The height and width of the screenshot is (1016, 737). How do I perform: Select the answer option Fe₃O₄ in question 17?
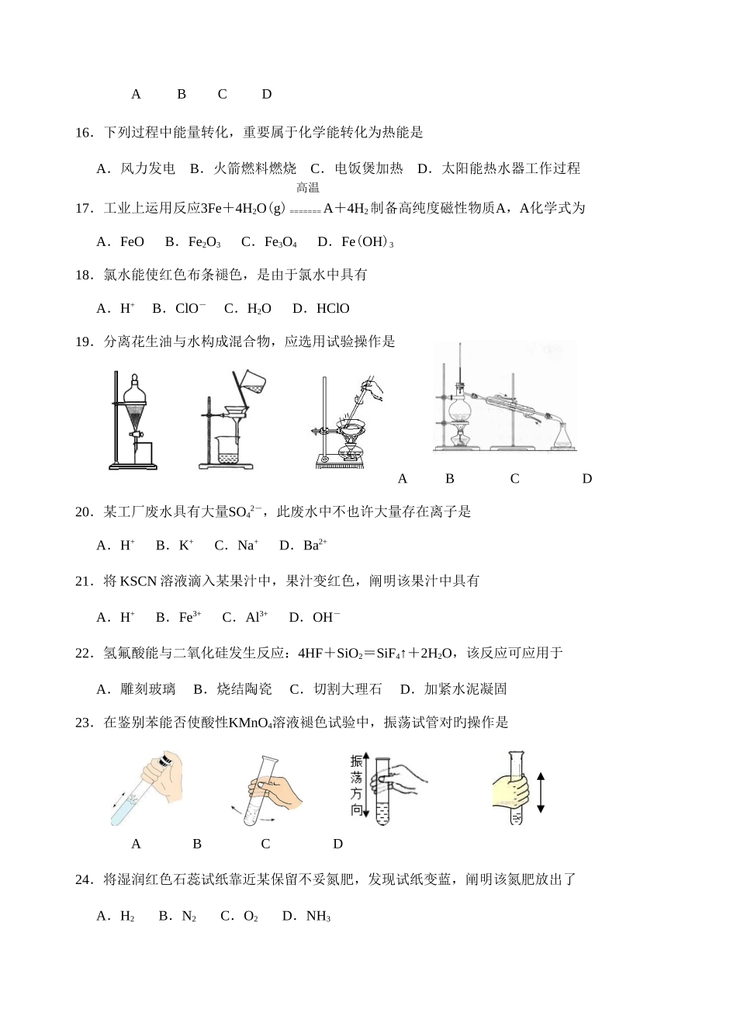coord(280,242)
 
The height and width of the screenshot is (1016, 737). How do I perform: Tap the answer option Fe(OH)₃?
coord(367,242)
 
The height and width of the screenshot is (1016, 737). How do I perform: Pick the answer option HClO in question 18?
coord(333,309)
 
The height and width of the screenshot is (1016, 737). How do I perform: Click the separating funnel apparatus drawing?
coord(135,419)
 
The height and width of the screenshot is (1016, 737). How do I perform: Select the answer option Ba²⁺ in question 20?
coord(315,546)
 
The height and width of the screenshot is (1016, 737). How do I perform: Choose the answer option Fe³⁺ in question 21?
coord(190,618)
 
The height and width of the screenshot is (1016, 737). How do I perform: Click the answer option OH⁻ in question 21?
coord(326,618)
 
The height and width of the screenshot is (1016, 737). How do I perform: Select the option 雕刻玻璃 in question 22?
coord(147,689)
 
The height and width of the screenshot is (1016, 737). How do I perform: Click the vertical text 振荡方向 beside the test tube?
coord(356,786)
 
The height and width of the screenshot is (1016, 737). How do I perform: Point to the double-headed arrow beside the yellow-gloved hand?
coord(541,792)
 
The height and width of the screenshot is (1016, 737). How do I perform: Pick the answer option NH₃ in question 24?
coord(318,917)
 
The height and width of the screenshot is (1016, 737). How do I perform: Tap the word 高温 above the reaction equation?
coord(308,187)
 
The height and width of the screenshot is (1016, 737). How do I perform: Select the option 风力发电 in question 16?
coord(147,168)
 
